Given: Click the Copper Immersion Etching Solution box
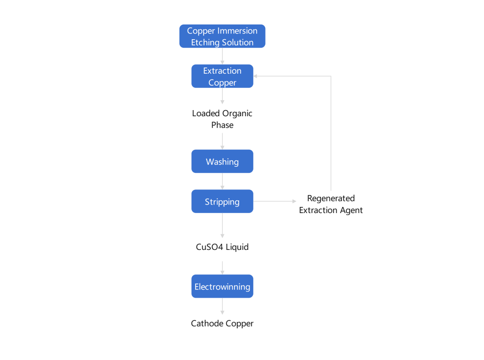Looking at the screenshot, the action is pos(222,36).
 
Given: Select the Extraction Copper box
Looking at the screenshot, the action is pos(222,76).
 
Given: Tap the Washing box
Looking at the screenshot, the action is pos(222,161).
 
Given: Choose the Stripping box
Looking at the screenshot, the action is pos(222,201).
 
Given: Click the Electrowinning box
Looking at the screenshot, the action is pos(222,286).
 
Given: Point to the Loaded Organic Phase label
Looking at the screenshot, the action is pos(222,119).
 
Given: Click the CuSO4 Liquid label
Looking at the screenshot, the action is pos(222,247).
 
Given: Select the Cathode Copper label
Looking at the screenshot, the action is pos(222,323).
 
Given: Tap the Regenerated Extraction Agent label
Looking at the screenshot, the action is pos(331,204).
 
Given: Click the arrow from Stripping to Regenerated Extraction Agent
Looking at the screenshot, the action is pos(275,201).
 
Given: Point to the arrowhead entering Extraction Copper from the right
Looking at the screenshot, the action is pos(255,76).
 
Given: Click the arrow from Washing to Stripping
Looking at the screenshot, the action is pos(222,181).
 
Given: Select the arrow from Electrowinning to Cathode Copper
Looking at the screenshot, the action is pos(222,306).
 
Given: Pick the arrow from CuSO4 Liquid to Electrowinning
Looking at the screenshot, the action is pos(222,268).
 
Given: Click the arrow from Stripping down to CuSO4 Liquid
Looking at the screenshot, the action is pos(222,225).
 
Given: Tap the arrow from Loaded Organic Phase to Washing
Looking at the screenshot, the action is pos(222,141).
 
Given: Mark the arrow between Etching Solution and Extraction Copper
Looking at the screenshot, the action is pos(222,56).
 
